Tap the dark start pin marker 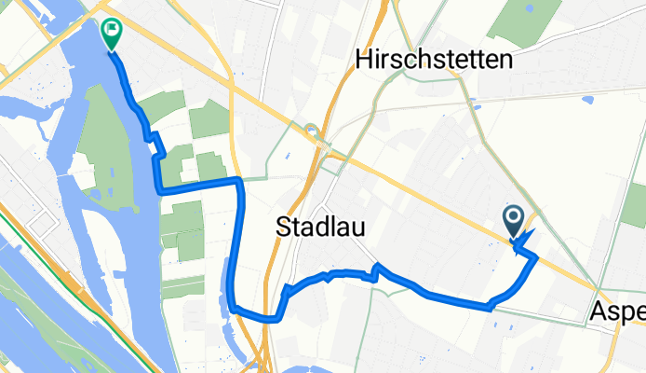(x=514, y=221)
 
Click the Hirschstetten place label (x=435, y=62)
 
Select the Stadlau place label (x=319, y=227)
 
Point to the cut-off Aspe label (x=618, y=314)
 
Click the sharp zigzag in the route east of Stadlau (x=377, y=269)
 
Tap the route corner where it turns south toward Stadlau (x=240, y=179)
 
